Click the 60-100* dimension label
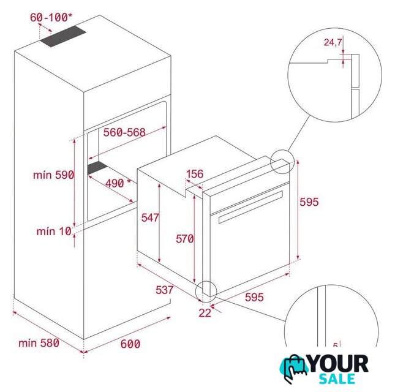tap(51, 17)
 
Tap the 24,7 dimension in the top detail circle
tap(333, 42)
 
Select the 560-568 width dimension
tap(124, 132)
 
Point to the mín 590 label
tap(54, 175)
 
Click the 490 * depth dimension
tap(118, 183)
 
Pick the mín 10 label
tap(54, 232)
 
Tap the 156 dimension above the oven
tap(195, 174)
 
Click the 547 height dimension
tap(150, 217)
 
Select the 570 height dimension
tap(185, 239)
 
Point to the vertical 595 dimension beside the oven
tap(309, 202)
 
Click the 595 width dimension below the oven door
tap(254, 297)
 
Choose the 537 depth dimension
tap(165, 290)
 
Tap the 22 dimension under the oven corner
tap(205, 313)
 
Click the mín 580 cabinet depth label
tap(39, 343)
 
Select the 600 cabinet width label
tap(130, 344)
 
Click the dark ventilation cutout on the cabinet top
tap(62, 37)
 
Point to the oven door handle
tap(250, 207)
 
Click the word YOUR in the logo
tap(338, 364)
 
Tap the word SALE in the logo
tap(337, 379)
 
